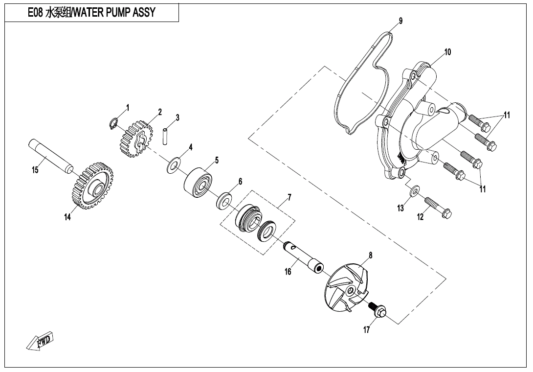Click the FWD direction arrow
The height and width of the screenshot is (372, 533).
coord(40,341)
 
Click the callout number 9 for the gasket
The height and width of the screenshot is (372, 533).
coord(400,21)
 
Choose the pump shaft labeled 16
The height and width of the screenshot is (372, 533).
coord(303,256)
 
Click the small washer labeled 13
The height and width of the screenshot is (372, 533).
coord(414,189)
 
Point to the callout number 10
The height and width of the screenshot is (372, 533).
coord(447,51)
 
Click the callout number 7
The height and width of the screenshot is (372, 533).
coord(289,197)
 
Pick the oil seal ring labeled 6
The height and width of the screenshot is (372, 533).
coord(224,200)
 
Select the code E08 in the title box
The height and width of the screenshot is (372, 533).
coord(35,13)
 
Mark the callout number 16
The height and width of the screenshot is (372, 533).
coord(288,271)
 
